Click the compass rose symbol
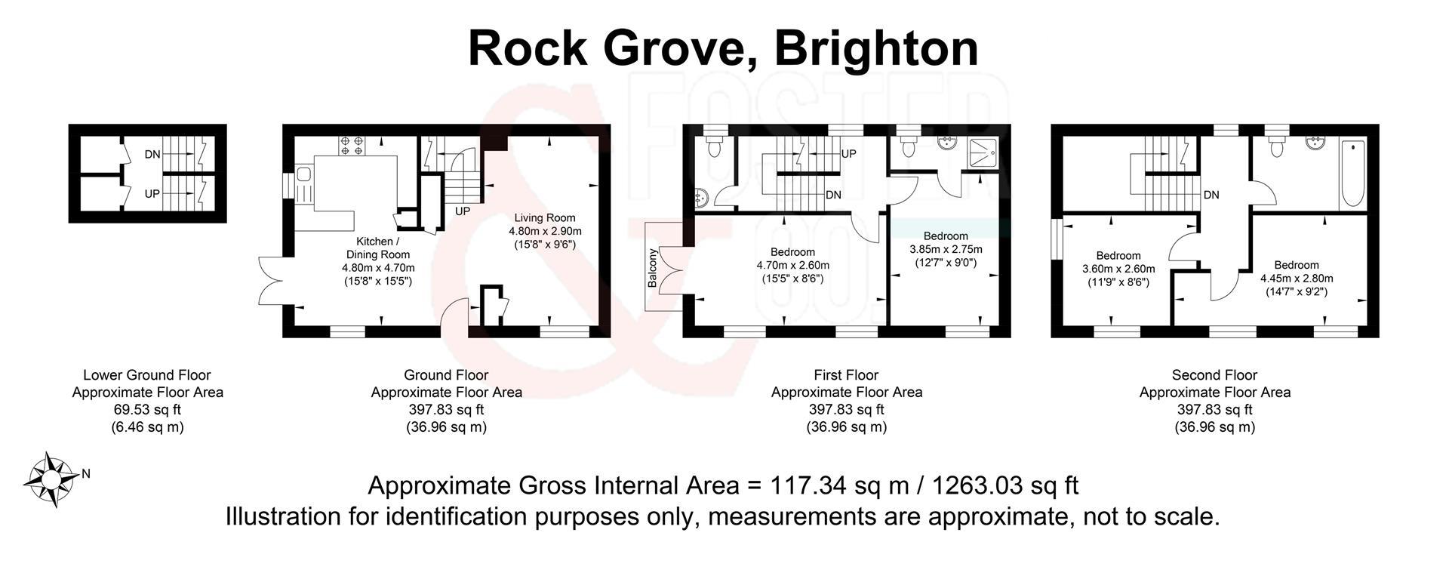click(x=51, y=479)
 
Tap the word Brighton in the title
click(x=876, y=48)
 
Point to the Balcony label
click(x=652, y=268)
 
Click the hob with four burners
click(x=351, y=145)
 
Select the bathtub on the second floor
click(x=1352, y=175)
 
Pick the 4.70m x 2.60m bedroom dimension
click(x=792, y=265)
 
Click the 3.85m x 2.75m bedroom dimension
click(x=946, y=249)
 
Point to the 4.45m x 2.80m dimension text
click(x=1297, y=278)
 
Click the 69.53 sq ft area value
click(x=147, y=410)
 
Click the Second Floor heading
click(x=1214, y=375)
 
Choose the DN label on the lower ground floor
click(x=152, y=155)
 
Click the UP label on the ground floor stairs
click(x=463, y=211)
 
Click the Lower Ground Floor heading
click(x=147, y=375)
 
